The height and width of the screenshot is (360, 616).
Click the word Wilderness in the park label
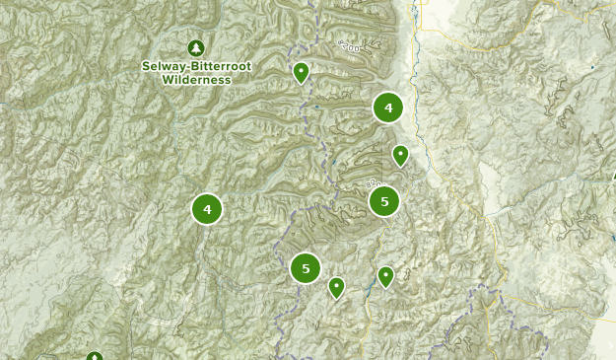196,80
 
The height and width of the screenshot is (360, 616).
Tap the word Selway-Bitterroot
196,67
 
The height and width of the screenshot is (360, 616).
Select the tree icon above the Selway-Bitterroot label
196,47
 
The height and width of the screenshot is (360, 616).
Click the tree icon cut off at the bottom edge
94,356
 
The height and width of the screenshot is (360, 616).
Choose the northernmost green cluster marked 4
387,108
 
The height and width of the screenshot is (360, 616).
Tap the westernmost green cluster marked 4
207,209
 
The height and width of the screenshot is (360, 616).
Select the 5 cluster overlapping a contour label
384,201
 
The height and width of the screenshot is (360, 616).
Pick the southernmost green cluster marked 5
306,267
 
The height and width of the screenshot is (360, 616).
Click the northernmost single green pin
301,72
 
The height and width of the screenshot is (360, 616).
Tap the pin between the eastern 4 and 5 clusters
400,155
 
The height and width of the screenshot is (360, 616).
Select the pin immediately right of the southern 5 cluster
336,287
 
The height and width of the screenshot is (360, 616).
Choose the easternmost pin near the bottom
385,276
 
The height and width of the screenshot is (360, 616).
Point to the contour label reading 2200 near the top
349,45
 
